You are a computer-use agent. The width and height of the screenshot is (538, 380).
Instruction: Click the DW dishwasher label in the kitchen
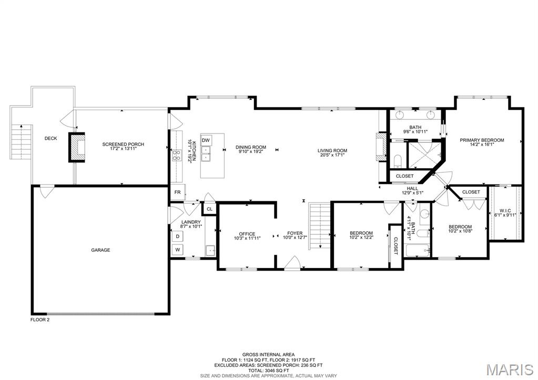pyautogui.click(x=206, y=140)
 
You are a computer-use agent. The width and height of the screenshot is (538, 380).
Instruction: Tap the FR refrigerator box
pyautogui.click(x=178, y=192)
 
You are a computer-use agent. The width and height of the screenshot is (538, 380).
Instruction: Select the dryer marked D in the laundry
pyautogui.click(x=177, y=237)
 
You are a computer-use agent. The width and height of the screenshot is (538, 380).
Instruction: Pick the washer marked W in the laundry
pyautogui.click(x=177, y=250)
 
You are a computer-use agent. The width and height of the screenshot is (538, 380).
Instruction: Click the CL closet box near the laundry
pyautogui.click(x=209, y=209)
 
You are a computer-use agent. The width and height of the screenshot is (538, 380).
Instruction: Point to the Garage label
pyautogui.click(x=100, y=250)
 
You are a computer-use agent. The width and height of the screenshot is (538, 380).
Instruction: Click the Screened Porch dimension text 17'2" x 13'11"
pyautogui.click(x=123, y=149)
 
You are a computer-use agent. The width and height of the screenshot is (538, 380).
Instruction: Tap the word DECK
pyautogui.click(x=51, y=139)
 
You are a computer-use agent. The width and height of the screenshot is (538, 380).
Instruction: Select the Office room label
pyautogui.click(x=247, y=234)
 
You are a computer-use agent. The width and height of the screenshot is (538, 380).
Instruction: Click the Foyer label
pyautogui.click(x=295, y=233)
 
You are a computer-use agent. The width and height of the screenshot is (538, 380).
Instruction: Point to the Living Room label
pyautogui.click(x=332, y=150)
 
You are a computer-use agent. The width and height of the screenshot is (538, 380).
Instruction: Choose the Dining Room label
pyautogui.click(x=251, y=148)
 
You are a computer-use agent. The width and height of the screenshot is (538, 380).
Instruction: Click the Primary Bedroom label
pyautogui.click(x=482, y=140)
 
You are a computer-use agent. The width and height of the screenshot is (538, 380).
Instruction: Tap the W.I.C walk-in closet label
pyautogui.click(x=505, y=211)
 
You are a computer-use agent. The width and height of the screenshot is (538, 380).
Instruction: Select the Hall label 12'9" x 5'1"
pyautogui.click(x=412, y=191)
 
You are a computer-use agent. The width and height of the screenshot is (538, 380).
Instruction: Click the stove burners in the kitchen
pyautogui.click(x=177, y=156)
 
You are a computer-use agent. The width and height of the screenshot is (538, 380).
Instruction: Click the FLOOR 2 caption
pyautogui.click(x=40, y=320)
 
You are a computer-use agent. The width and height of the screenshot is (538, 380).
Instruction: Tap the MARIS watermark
pyautogui.click(x=510, y=369)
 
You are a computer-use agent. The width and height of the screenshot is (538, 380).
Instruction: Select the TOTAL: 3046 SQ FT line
pyautogui.click(x=269, y=371)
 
